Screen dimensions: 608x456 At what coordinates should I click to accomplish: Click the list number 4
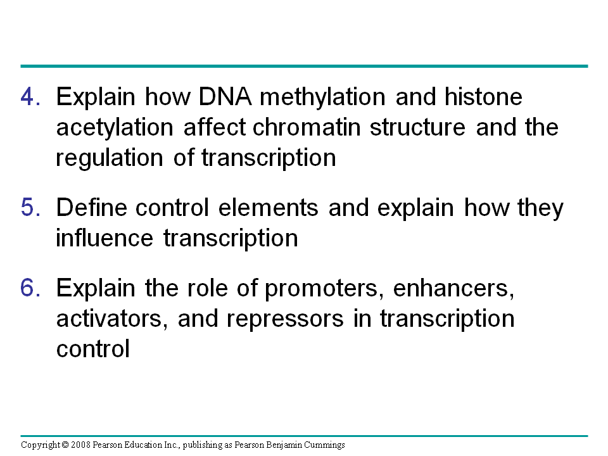pyautogui.click(x=30, y=96)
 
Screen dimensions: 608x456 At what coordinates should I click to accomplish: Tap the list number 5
pyautogui.click(x=30, y=207)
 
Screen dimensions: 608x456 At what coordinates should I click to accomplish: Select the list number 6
pyautogui.click(x=30, y=288)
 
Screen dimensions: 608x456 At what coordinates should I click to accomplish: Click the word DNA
pyautogui.click(x=225, y=96)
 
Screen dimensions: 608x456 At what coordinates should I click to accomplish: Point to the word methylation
pyautogui.click(x=322, y=97)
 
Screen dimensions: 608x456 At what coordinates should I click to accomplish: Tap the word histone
pyautogui.click(x=483, y=96)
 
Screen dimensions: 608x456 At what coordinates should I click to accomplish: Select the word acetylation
pyautogui.click(x=115, y=127)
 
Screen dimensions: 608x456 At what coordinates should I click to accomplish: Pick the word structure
pyautogui.click(x=417, y=127)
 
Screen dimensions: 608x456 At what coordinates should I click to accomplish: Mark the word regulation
pyautogui.click(x=110, y=158)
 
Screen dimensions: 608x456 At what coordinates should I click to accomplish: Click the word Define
pyautogui.click(x=91, y=207)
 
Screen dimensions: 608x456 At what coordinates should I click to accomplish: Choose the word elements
pyautogui.click(x=269, y=207)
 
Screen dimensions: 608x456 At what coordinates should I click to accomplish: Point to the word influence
pyautogui.click(x=104, y=237)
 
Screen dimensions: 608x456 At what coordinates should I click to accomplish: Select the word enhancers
pyautogui.click(x=453, y=289)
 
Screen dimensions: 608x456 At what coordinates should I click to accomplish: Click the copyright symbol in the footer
pyautogui.click(x=65, y=445)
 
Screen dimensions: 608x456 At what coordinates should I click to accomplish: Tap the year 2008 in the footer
pyautogui.click(x=80, y=445)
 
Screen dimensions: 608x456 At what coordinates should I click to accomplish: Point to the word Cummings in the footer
pyautogui.click(x=324, y=445)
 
